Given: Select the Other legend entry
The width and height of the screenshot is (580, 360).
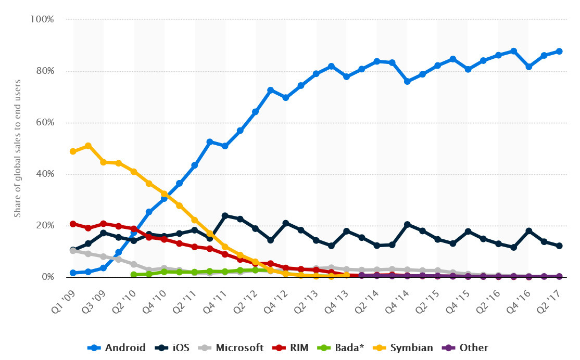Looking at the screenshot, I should click(x=465, y=348).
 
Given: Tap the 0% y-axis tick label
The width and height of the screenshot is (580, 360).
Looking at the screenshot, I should click(x=47, y=277).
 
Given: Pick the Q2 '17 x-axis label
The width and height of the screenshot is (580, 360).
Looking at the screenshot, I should click(x=551, y=295).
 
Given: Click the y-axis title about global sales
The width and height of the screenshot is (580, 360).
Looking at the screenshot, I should click(x=17, y=148).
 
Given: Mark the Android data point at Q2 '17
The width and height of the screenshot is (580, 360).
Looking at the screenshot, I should click(x=559, y=51).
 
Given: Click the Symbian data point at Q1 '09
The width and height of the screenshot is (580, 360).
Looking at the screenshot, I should click(x=73, y=151).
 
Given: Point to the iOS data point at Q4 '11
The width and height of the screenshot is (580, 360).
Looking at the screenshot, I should click(x=225, y=215).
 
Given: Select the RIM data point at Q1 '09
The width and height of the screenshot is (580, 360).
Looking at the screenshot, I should click(x=73, y=224).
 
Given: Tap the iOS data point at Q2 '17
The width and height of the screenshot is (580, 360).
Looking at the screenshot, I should click(x=559, y=246).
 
